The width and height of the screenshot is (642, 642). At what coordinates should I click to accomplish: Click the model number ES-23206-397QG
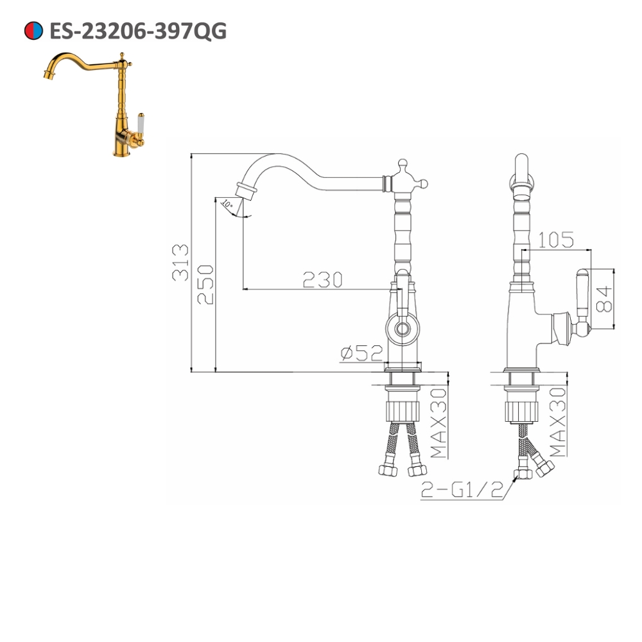(137, 30)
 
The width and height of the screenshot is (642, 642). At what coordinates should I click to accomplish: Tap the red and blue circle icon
(33, 30)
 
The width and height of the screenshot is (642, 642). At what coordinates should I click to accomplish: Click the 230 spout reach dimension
(322, 280)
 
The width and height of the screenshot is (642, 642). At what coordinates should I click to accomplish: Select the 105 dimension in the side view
(555, 240)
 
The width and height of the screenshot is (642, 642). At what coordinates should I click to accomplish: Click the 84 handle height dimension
(603, 299)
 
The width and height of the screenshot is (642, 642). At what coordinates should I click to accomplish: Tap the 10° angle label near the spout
(226, 204)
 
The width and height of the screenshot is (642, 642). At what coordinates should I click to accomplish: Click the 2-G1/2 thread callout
(461, 490)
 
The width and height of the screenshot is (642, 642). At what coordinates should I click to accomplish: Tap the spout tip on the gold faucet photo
(46, 76)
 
